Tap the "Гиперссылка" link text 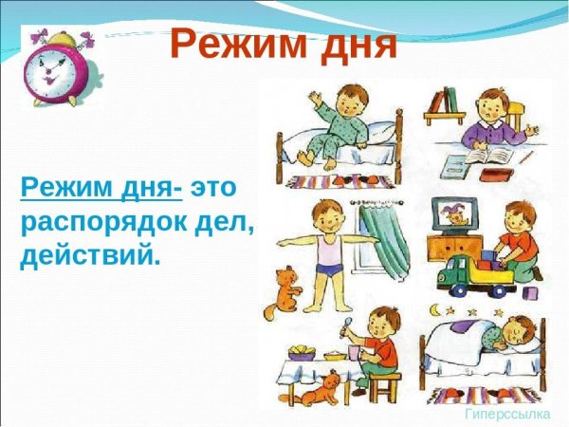tap(508, 416)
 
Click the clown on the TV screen tap(451, 216)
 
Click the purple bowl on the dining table tap(302, 354)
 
